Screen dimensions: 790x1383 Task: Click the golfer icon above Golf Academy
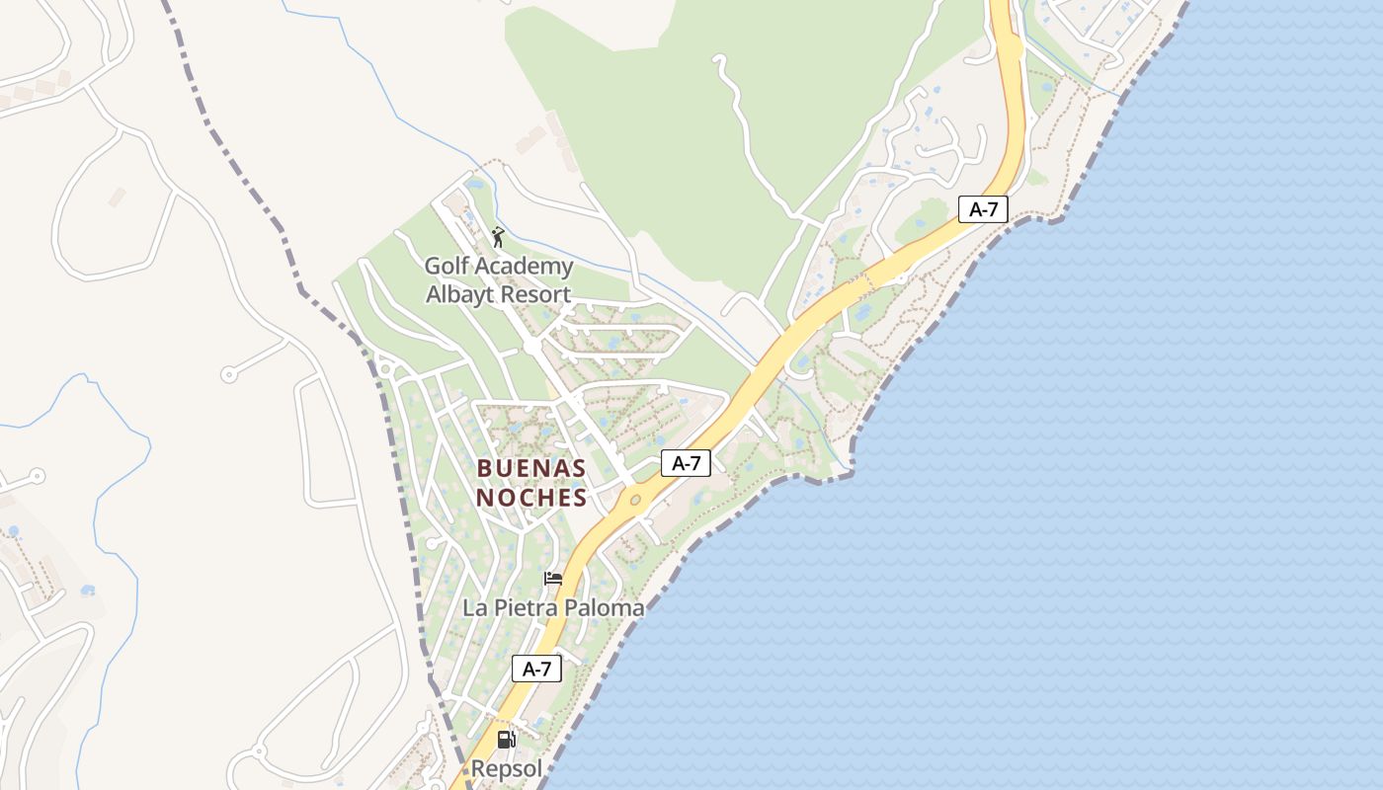click(498, 237)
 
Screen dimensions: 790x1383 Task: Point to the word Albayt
click(460, 294)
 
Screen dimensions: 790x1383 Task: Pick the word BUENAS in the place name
click(531, 468)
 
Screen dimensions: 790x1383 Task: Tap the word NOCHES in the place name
click(531, 498)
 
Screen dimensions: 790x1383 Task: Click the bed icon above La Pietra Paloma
click(553, 579)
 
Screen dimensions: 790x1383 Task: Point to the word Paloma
click(605, 608)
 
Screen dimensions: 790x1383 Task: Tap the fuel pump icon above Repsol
click(506, 739)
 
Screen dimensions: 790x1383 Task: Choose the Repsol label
click(506, 768)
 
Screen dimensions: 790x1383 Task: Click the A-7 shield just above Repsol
click(536, 669)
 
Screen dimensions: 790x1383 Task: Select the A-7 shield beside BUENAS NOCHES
click(686, 462)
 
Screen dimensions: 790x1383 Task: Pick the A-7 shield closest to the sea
click(983, 208)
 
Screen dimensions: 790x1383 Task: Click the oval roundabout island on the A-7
click(634, 501)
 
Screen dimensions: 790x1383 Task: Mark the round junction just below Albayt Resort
click(533, 347)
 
